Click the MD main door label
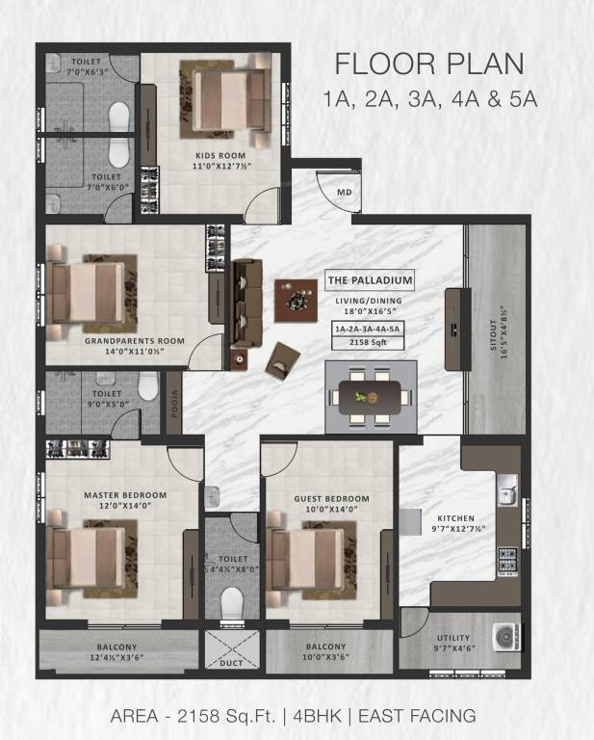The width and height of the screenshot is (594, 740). click(x=344, y=193)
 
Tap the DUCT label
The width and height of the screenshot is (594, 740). click(x=231, y=663)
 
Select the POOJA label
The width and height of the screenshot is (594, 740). click(x=174, y=404)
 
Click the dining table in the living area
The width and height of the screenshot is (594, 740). click(x=370, y=397)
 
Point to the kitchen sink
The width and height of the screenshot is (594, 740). click(x=507, y=490)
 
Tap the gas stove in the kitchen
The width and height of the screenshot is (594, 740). click(x=507, y=561)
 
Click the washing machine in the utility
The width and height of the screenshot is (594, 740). click(x=506, y=638)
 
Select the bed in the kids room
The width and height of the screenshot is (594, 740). click(x=229, y=99)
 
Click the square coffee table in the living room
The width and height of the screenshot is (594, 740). click(x=297, y=301)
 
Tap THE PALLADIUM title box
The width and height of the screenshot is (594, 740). click(x=370, y=280)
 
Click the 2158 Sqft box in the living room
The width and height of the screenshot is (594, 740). click(x=368, y=342)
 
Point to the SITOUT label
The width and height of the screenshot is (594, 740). click(x=493, y=334)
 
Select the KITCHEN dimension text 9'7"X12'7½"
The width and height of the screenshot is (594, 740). click(x=458, y=529)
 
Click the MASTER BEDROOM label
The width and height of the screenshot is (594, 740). click(x=125, y=495)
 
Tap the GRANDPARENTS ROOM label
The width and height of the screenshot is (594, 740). click(x=135, y=341)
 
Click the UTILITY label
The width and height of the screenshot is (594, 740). click(x=453, y=638)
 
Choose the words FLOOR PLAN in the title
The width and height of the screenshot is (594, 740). click(x=429, y=64)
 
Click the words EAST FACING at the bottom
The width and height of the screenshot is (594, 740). click(x=417, y=716)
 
